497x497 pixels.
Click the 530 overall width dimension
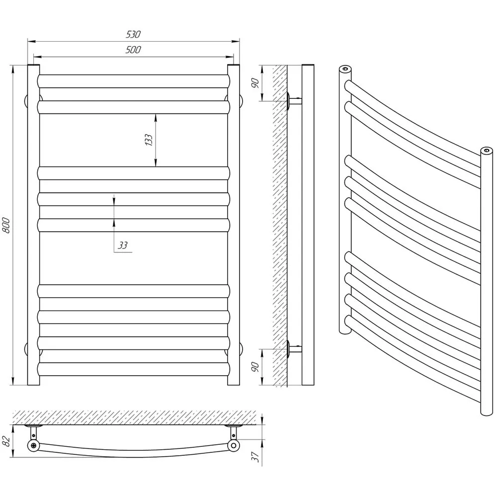133,34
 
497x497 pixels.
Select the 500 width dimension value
133,50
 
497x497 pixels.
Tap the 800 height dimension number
6,225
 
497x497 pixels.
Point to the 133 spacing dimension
148,140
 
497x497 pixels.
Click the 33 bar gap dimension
123,245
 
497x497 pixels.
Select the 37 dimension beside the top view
255,457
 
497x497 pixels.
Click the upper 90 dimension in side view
255,83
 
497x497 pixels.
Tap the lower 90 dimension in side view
255,367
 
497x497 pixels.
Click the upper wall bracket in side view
294,101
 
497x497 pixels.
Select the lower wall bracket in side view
294,349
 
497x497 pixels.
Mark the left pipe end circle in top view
33,445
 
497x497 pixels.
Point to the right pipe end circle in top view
234,445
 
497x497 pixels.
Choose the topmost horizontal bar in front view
133,81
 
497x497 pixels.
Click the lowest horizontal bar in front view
133,369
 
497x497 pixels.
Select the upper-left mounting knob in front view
26,101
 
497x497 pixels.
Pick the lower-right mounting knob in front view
241,349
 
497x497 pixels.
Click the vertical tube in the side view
308,225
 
